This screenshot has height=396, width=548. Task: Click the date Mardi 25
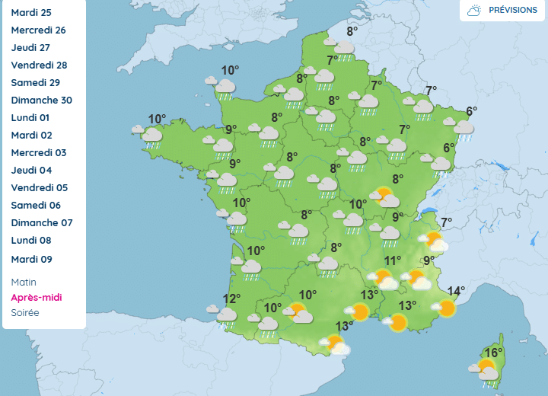click(x=30, y=13)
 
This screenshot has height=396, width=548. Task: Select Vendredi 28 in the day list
click(x=39, y=65)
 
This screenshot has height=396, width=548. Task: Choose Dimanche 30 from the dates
click(x=41, y=101)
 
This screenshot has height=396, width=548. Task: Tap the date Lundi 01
click(x=30, y=118)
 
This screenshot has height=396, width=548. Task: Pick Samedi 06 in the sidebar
click(x=36, y=206)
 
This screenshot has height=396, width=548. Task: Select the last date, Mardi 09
click(x=31, y=260)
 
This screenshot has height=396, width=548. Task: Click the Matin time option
click(x=24, y=282)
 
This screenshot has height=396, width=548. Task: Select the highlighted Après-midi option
click(x=37, y=297)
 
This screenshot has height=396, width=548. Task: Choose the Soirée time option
click(x=25, y=312)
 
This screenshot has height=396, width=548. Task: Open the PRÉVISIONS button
click(x=503, y=11)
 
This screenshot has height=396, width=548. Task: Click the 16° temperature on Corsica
click(x=494, y=353)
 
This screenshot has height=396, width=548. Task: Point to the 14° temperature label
click(x=455, y=291)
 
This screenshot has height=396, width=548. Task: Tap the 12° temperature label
click(x=231, y=299)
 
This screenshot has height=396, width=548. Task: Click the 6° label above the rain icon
click(x=471, y=111)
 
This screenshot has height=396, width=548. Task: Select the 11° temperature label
click(x=392, y=260)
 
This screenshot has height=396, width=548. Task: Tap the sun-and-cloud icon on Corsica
click(x=485, y=370)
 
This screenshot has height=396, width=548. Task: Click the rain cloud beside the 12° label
click(x=225, y=315)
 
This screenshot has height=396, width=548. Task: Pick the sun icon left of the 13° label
click(x=358, y=312)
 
